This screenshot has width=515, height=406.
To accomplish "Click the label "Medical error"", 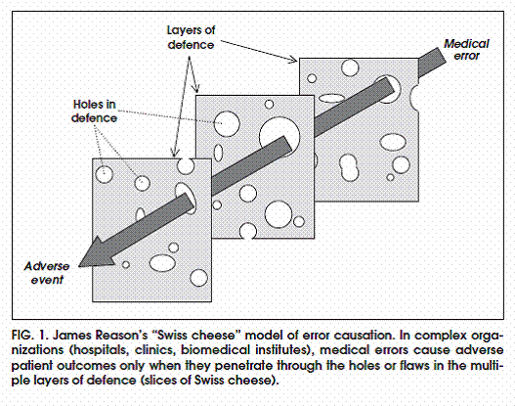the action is tap(466, 50).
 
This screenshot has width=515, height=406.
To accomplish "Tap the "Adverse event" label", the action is tap(47, 273).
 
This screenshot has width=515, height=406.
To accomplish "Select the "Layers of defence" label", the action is tap(191, 37).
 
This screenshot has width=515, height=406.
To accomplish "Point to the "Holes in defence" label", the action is tap(94, 112).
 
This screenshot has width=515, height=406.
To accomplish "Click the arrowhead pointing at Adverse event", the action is tap(95, 253).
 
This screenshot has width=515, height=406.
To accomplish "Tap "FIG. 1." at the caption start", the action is tap(29, 336).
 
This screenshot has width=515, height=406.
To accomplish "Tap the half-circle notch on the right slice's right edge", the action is tap(414, 95).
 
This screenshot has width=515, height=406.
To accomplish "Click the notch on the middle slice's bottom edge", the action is tap(248, 232).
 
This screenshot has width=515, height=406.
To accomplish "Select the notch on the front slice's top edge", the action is tap(186, 166).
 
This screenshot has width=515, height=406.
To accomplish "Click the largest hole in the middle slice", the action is tap(279, 135).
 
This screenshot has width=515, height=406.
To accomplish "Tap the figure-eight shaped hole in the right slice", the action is tap(349, 167).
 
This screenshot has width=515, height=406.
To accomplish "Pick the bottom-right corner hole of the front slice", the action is tap(198, 278).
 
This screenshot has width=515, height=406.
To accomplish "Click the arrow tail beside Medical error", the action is tap(433, 62).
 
